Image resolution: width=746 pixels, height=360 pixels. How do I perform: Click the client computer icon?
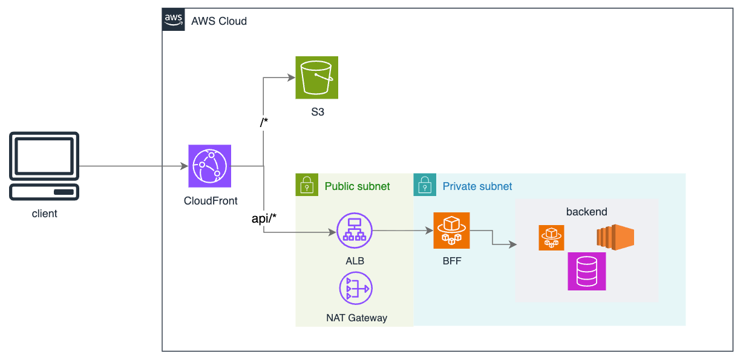(44, 166)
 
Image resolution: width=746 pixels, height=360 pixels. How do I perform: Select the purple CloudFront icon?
(209, 166)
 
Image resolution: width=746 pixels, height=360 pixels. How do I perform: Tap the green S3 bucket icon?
(316, 77)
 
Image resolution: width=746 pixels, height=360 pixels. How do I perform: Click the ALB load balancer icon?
(355, 231)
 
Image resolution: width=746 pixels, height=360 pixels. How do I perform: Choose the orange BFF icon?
(451, 231)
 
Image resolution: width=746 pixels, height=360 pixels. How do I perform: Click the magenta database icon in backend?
(586, 272)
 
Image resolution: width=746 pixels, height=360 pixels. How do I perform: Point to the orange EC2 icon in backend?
(615, 237)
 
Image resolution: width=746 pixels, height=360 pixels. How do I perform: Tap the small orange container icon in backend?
(551, 237)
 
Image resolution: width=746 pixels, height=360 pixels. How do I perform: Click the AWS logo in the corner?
(173, 19)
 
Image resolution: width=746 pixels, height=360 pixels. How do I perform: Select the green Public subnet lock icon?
(307, 185)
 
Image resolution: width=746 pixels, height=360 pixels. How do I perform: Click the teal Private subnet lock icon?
(425, 185)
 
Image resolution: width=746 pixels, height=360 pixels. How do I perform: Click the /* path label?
(264, 123)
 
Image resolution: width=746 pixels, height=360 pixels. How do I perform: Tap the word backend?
(586, 212)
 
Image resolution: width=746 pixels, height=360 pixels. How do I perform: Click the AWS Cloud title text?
(219, 21)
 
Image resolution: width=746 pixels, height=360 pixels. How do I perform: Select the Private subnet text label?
(477, 186)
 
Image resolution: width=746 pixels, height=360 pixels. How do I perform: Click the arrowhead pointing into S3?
(291, 77)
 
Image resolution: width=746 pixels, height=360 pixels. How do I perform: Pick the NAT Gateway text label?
(356, 318)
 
